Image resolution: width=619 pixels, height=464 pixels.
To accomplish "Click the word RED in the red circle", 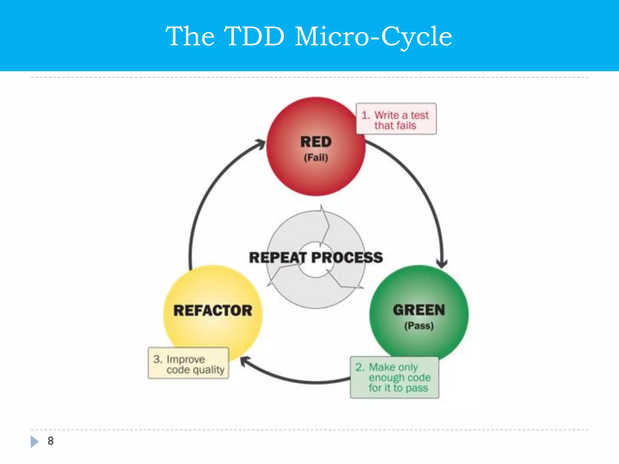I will (316, 142).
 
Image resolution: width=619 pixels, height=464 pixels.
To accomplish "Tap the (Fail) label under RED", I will (316, 158).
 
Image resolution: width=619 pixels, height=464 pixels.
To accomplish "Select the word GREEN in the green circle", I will (419, 310).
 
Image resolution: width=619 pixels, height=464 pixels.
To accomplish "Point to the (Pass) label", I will (419, 326).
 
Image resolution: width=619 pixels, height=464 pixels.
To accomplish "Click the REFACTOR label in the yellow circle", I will (213, 311).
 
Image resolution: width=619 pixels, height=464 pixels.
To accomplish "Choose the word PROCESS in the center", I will (347, 257).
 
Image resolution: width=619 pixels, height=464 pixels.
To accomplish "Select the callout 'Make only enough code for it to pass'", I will (394, 378).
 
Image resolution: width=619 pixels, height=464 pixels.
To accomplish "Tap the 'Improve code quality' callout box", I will (188, 363).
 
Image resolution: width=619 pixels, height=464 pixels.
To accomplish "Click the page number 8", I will (50, 441).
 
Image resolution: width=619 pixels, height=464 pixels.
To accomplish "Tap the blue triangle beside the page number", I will (34, 441).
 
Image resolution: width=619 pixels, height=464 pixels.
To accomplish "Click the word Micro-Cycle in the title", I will (373, 36).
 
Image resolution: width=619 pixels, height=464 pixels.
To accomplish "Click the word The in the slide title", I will (190, 36).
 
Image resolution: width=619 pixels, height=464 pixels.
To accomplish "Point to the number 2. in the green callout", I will (360, 367).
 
